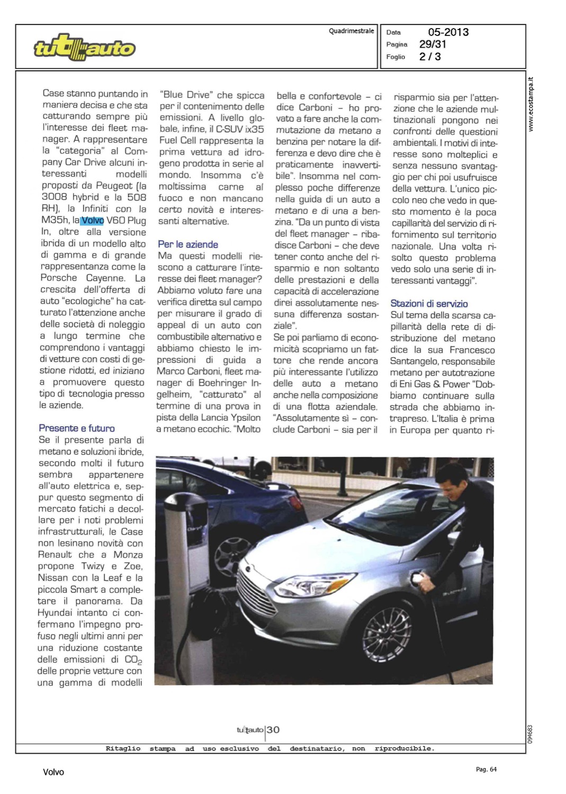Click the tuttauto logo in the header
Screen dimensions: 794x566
pos(84,48)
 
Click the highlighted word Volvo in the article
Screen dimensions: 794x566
pos(93,220)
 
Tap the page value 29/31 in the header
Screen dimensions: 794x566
pos(433,44)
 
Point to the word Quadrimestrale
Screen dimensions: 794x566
pos(351,31)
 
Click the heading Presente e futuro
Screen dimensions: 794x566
pos(77,428)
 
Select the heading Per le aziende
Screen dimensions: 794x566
pos(188,245)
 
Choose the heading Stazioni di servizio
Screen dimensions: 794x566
pos(429,304)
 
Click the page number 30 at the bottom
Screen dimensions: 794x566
pos(273,730)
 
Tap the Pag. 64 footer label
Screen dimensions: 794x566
pos(486,769)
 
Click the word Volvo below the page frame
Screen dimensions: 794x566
pos(53,772)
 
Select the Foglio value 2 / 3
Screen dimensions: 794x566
pos(430,57)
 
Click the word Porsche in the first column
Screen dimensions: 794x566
pos(59,278)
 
